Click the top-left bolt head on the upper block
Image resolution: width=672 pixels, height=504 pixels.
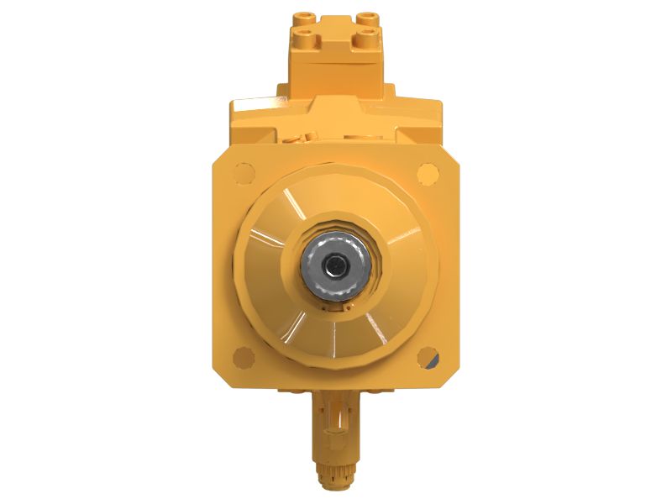click(x=303, y=16)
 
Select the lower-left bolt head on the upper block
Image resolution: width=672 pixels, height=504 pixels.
click(x=303, y=35)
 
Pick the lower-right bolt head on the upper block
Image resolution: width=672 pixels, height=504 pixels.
click(x=366, y=35)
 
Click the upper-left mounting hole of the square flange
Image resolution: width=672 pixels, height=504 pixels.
click(x=243, y=174)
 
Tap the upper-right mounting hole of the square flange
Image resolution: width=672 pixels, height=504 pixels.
click(x=428, y=174)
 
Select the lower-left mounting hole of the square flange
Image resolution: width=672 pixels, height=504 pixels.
click(x=244, y=357)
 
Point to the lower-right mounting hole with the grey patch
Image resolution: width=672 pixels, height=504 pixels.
click(x=428, y=358)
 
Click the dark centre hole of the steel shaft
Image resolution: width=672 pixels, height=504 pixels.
click(x=336, y=266)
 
